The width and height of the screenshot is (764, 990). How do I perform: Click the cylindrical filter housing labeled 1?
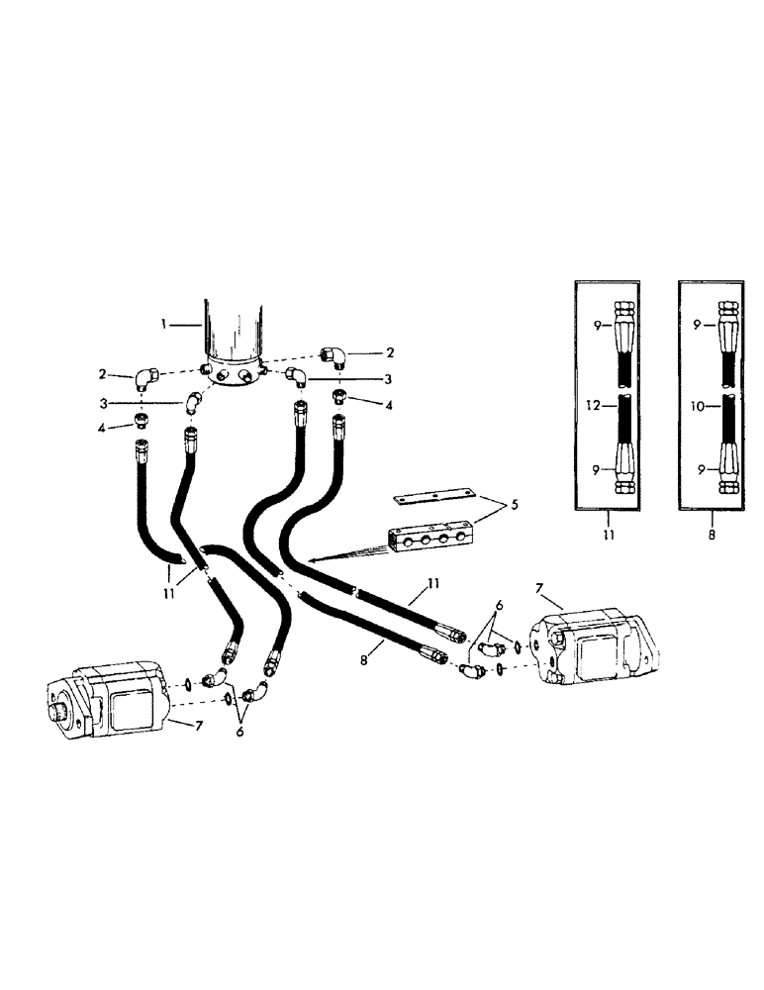(234, 332)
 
